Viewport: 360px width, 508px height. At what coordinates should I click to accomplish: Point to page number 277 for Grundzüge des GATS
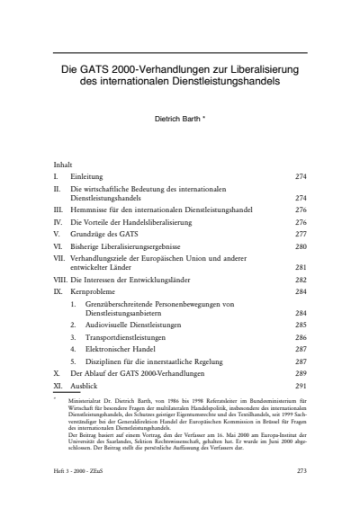[301, 232]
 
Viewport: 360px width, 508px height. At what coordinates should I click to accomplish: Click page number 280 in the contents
[301, 245]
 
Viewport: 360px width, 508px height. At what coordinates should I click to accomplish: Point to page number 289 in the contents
[301, 372]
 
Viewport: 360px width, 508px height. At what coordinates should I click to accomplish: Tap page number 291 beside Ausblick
[301, 384]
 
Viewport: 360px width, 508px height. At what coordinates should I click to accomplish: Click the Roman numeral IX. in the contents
[58, 291]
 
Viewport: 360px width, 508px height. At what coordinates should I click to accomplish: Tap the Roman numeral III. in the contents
[58, 209]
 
